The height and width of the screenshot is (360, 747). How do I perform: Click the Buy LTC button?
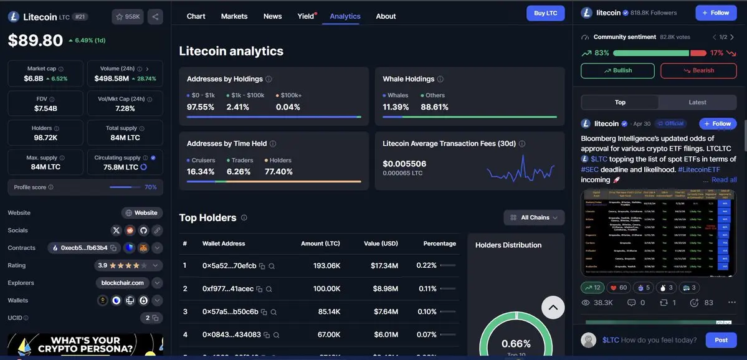tap(545, 13)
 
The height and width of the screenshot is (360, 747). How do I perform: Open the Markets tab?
tap(234, 16)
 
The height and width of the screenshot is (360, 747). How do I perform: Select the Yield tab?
tap(306, 16)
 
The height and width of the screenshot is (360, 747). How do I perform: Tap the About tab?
tap(386, 16)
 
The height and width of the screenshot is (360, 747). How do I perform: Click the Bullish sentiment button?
tap(617, 70)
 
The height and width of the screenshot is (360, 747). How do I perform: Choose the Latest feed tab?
tap(697, 102)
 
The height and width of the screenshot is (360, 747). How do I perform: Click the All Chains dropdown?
tap(534, 217)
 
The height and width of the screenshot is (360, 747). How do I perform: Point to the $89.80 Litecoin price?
tap(36, 40)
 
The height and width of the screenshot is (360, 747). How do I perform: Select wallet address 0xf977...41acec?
tap(228, 289)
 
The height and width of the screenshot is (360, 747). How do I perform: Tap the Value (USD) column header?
tap(381, 244)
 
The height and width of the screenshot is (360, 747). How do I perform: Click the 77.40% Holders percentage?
tap(278, 172)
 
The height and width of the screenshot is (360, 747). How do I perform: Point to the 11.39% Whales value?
tap(396, 107)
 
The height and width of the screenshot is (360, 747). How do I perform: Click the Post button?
tap(721, 340)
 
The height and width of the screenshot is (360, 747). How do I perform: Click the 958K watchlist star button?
tap(128, 17)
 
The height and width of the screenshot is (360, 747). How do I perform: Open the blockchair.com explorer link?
tap(123, 283)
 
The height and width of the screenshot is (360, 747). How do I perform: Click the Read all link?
tap(724, 179)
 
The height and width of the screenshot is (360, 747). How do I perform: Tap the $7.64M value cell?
tap(386, 311)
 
